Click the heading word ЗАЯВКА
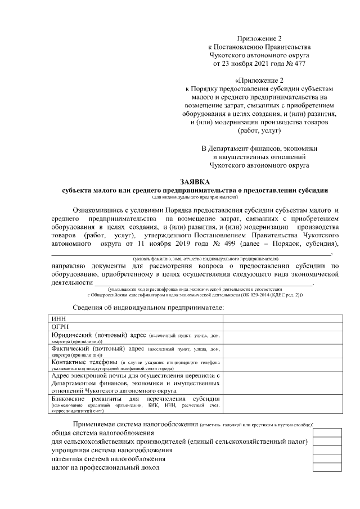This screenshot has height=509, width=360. click(194, 182)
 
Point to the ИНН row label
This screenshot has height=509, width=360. click(58, 318)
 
